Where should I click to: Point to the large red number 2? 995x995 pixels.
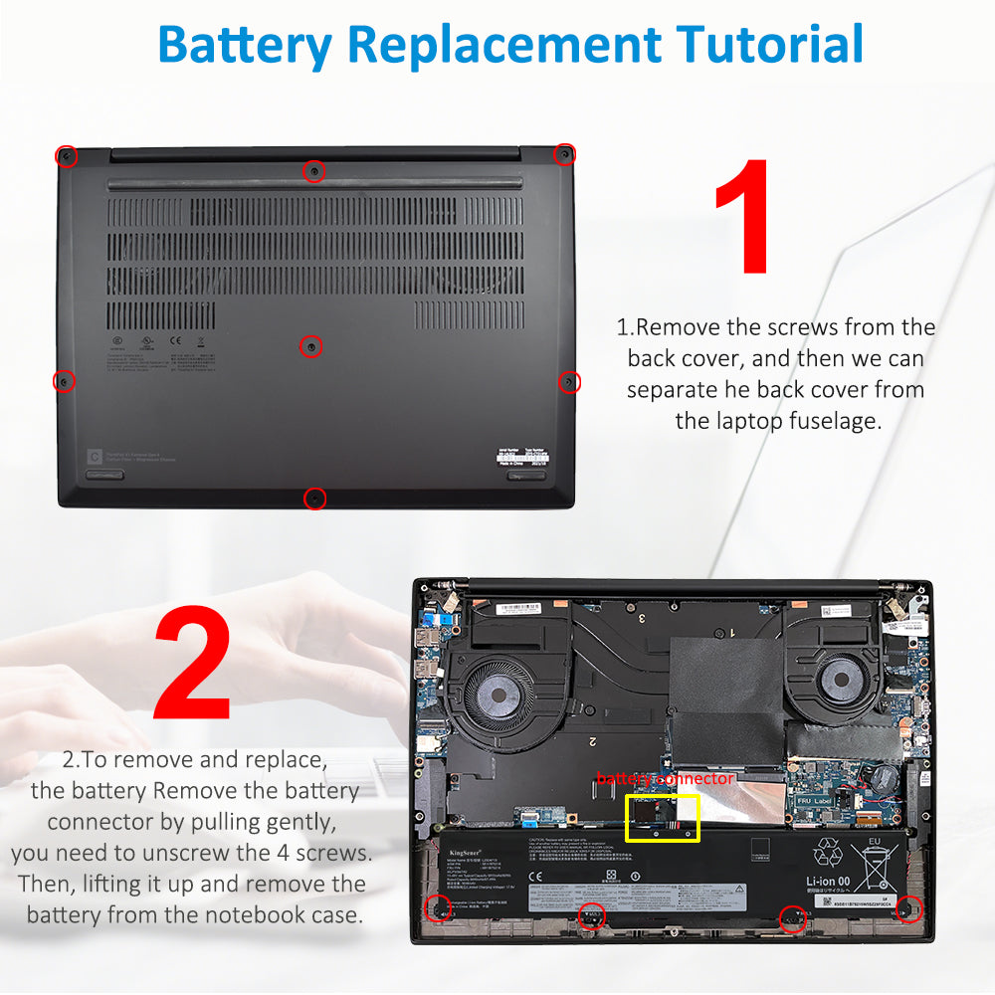pos(192,664)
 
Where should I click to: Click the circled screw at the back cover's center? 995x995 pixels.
pos(311,346)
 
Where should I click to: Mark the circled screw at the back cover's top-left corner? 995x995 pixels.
pos(66,156)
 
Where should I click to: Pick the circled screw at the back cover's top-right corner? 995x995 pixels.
pos(563,153)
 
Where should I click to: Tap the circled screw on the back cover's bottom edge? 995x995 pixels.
pos(314,497)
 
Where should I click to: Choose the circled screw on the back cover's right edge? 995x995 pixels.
pos(569,381)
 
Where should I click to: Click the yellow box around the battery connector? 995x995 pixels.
pos(662,817)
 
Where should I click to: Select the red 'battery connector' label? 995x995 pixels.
pos(665,779)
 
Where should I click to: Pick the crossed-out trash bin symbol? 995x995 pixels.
pos(876,866)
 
